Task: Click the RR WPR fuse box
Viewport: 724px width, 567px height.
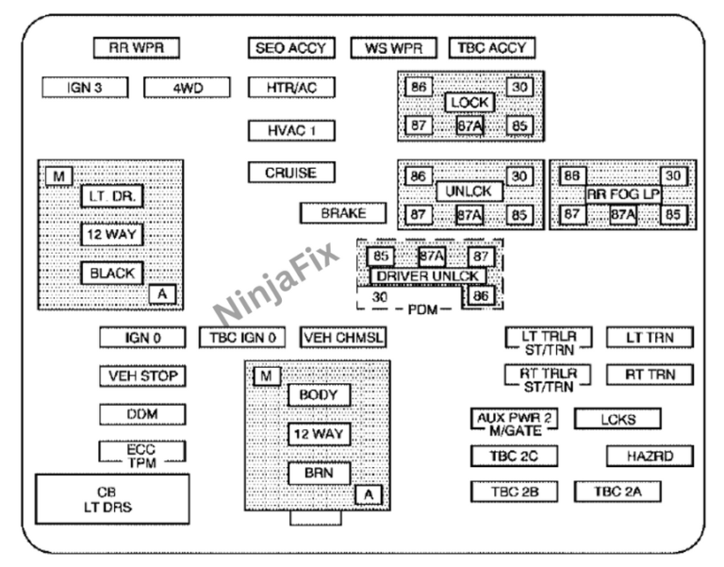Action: pyautogui.click(x=137, y=48)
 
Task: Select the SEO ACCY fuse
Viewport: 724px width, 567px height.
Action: pyautogui.click(x=290, y=48)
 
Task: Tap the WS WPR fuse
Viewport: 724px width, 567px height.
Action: pyautogui.click(x=394, y=48)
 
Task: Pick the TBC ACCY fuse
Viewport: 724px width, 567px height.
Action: pyautogui.click(x=492, y=48)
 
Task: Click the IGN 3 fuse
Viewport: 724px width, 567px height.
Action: pyautogui.click(x=85, y=88)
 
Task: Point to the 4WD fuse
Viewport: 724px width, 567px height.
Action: pyautogui.click(x=187, y=88)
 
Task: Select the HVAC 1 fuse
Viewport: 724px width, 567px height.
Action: pyautogui.click(x=290, y=130)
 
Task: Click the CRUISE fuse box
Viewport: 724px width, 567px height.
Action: pyautogui.click(x=290, y=174)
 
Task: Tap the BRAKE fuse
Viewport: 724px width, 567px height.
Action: pyautogui.click(x=343, y=213)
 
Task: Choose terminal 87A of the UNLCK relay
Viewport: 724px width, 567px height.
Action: pyautogui.click(x=469, y=215)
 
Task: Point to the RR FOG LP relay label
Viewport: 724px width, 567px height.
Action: pyautogui.click(x=623, y=193)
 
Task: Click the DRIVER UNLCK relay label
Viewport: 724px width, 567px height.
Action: pyautogui.click(x=428, y=275)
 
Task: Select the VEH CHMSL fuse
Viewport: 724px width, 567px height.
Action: pyautogui.click(x=344, y=337)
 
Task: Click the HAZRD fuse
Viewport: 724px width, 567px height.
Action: pyautogui.click(x=650, y=457)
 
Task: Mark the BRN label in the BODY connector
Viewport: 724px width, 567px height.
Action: pyautogui.click(x=319, y=473)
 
